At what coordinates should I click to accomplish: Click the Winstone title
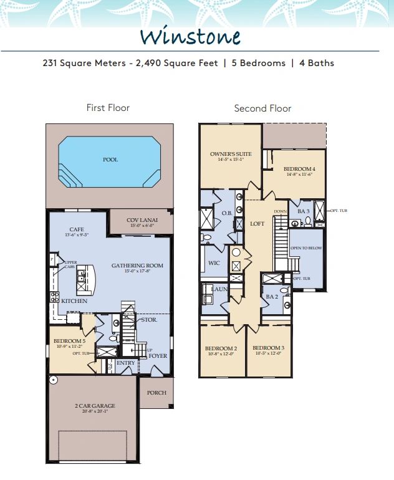[190, 36]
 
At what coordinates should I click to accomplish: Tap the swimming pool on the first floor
[110, 160]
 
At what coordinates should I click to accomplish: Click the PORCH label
[156, 393]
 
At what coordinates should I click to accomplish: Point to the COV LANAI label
[141, 220]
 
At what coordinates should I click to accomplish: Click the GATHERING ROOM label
[137, 266]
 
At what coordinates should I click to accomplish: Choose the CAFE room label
[77, 229]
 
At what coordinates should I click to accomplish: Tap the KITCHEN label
[75, 301]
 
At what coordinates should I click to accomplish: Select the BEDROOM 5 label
[69, 342]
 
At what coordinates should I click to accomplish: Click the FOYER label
[158, 356]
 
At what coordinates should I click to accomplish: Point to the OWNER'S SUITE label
[230, 153]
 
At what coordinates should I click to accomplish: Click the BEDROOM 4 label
[299, 169]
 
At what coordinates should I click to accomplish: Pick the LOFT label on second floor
[258, 224]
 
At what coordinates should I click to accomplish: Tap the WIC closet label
[214, 263]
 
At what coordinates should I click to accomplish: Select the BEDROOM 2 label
[222, 348]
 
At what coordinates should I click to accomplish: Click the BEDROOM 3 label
[269, 348]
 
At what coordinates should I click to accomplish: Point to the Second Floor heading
[262, 108]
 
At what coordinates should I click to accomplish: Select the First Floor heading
[108, 108]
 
